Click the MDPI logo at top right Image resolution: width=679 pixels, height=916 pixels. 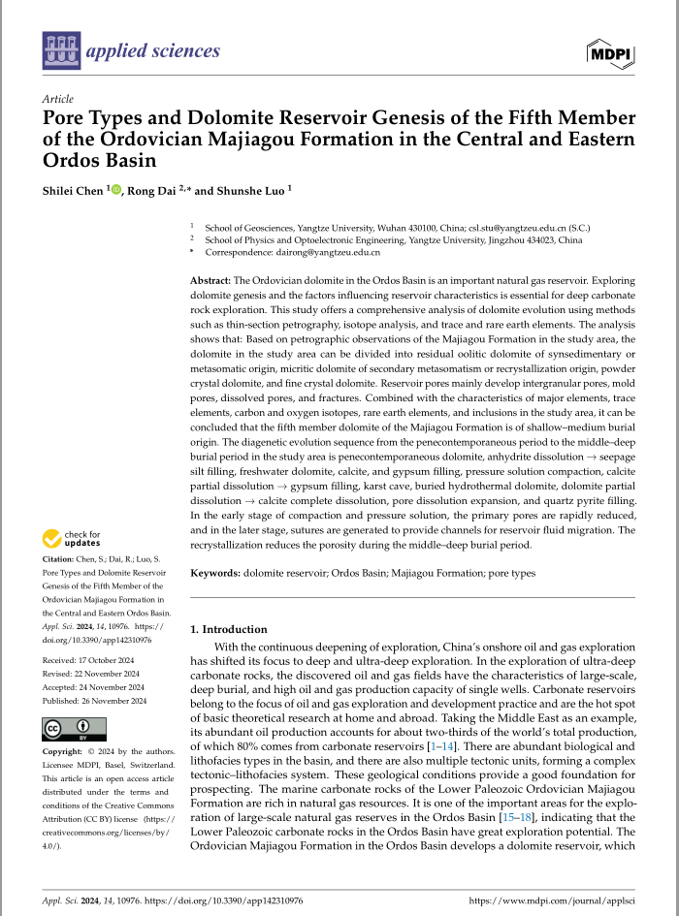(x=610, y=51)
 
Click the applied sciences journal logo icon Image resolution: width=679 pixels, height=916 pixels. (x=61, y=50)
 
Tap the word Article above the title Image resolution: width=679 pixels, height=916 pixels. (x=58, y=100)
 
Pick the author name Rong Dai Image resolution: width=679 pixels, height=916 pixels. (x=152, y=190)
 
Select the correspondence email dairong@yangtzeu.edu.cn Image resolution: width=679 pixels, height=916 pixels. (x=325, y=252)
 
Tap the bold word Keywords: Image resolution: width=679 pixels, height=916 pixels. (x=215, y=574)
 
